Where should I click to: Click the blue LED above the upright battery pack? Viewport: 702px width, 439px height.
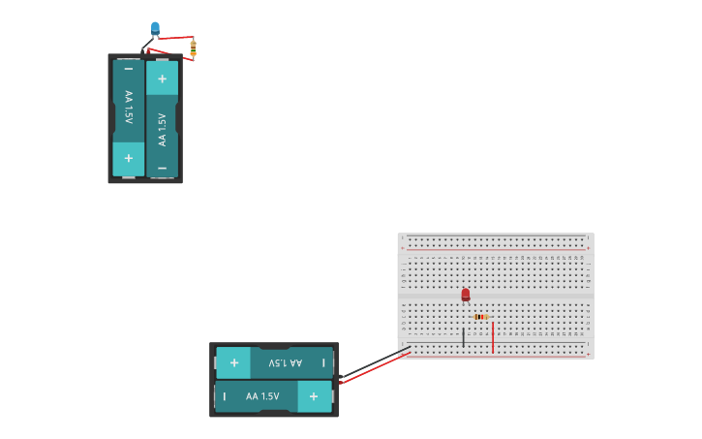point(155,27)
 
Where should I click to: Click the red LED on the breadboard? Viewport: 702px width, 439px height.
point(466,294)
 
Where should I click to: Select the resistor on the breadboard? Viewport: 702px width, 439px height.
point(481,317)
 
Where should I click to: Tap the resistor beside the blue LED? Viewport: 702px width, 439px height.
point(193,47)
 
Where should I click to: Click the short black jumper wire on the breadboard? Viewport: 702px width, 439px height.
point(464,337)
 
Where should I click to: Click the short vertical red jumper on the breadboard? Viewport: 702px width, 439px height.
point(493,337)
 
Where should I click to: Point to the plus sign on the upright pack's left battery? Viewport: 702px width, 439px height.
point(128,158)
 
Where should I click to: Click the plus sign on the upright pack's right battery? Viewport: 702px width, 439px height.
point(162,78)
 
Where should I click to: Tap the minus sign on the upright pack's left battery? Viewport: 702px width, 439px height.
point(128,70)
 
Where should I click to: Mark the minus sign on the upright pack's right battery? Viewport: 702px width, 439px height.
point(162,168)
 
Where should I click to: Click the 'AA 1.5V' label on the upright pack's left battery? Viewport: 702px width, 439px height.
point(128,110)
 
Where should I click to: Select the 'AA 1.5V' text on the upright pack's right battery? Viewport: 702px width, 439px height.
point(162,129)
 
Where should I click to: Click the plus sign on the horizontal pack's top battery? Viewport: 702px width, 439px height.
point(233,362)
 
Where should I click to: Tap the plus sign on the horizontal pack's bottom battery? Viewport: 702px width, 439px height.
point(314,396)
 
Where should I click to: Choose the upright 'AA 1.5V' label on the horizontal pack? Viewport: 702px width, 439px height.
point(261,396)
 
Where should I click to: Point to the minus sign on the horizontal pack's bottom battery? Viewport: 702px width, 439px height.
point(225,396)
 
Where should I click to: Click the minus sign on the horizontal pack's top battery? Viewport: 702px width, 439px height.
point(323,362)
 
